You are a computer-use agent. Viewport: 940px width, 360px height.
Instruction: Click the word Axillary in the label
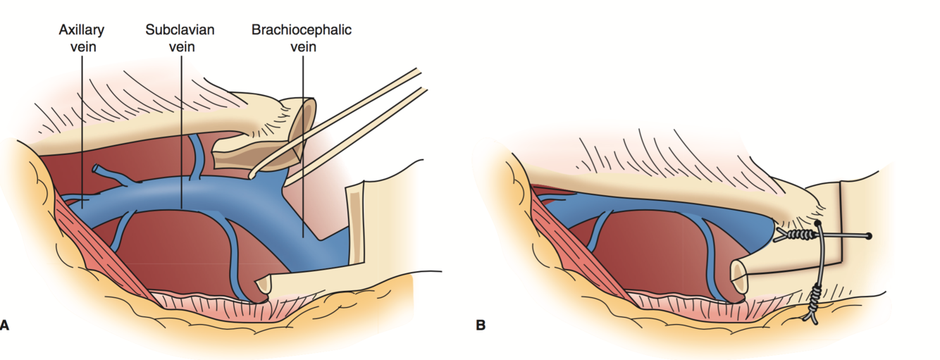coord(81,30)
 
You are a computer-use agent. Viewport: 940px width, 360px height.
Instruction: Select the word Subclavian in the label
coord(180,30)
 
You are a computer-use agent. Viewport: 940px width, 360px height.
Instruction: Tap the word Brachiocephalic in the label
coord(302,30)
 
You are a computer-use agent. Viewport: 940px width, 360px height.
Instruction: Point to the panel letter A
coord(5,325)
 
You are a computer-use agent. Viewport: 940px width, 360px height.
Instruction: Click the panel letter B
coord(481,325)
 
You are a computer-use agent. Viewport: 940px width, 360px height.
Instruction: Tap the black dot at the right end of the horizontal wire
coord(869,235)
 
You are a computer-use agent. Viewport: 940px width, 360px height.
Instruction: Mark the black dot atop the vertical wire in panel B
coord(818,223)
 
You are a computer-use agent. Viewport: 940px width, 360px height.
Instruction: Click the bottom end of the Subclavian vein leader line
coord(182,208)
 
